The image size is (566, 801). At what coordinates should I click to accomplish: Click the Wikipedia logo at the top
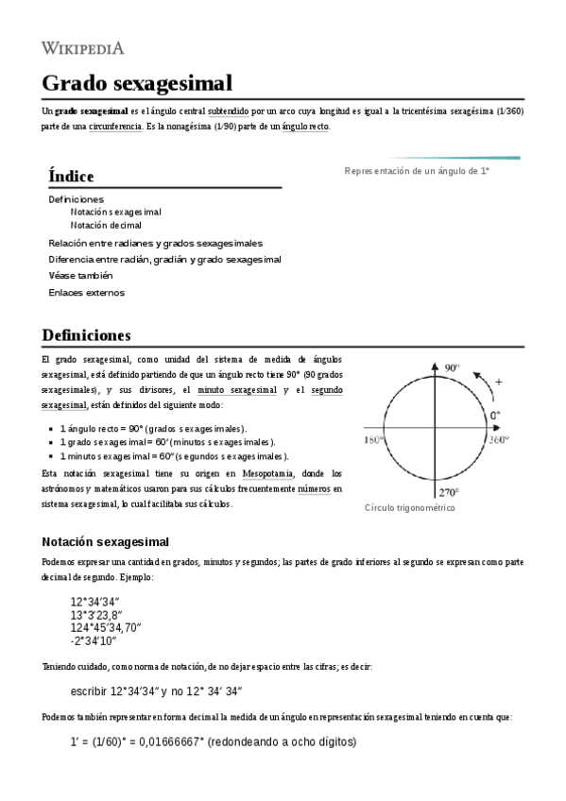tap(83, 47)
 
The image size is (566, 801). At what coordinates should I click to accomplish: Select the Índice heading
tap(71, 176)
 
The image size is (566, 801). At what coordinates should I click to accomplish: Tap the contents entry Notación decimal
tap(106, 226)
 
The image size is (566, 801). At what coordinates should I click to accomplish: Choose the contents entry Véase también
tap(80, 276)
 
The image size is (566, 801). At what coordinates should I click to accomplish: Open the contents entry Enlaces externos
tap(86, 293)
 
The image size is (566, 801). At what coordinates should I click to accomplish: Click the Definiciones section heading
tap(87, 335)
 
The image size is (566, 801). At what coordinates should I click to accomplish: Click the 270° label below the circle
tap(448, 492)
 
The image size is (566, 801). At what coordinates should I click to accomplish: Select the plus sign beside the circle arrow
tap(499, 382)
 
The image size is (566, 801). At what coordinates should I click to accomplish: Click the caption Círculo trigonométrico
tap(410, 508)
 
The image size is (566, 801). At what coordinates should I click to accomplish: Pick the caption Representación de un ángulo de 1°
tap(417, 171)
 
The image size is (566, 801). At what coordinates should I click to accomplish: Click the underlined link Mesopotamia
tap(267, 473)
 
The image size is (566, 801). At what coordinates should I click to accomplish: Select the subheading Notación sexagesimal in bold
tap(105, 542)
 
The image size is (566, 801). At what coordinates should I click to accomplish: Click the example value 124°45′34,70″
tap(106, 627)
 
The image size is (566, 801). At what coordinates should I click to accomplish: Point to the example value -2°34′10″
tap(93, 641)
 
